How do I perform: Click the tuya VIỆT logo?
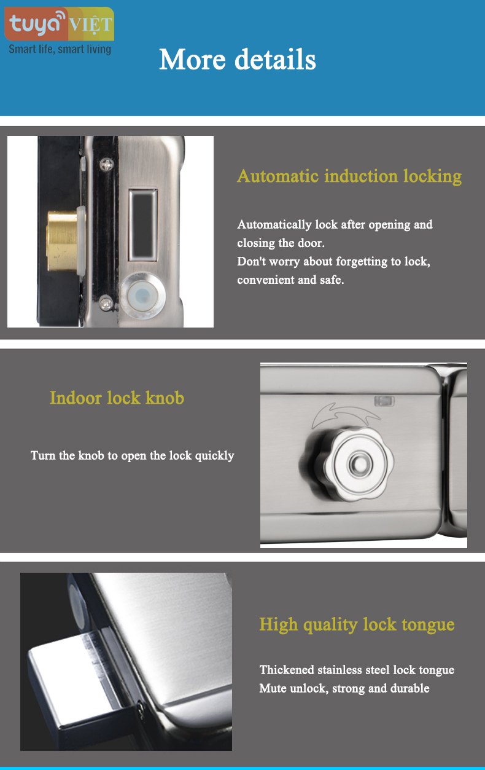pos(59,24)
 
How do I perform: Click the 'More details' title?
pos(238,60)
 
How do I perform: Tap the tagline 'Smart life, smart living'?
pos(60,49)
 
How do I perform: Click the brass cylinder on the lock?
pos(62,241)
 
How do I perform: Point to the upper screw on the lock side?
pos(107,164)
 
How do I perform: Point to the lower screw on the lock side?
pos(106,304)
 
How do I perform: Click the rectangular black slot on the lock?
pos(143,224)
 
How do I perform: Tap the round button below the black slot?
pos(142,295)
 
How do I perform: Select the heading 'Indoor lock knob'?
pos(117,398)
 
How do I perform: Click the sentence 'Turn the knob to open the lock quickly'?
pos(132,456)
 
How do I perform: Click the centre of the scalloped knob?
pos(359,464)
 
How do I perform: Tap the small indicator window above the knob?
pos(384,401)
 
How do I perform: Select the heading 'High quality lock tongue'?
pos(357,624)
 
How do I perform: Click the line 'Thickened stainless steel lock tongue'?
pos(357,670)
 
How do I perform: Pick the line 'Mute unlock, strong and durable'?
pos(344,688)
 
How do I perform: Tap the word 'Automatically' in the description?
pos(274,225)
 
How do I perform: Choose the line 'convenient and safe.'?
pos(290,280)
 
